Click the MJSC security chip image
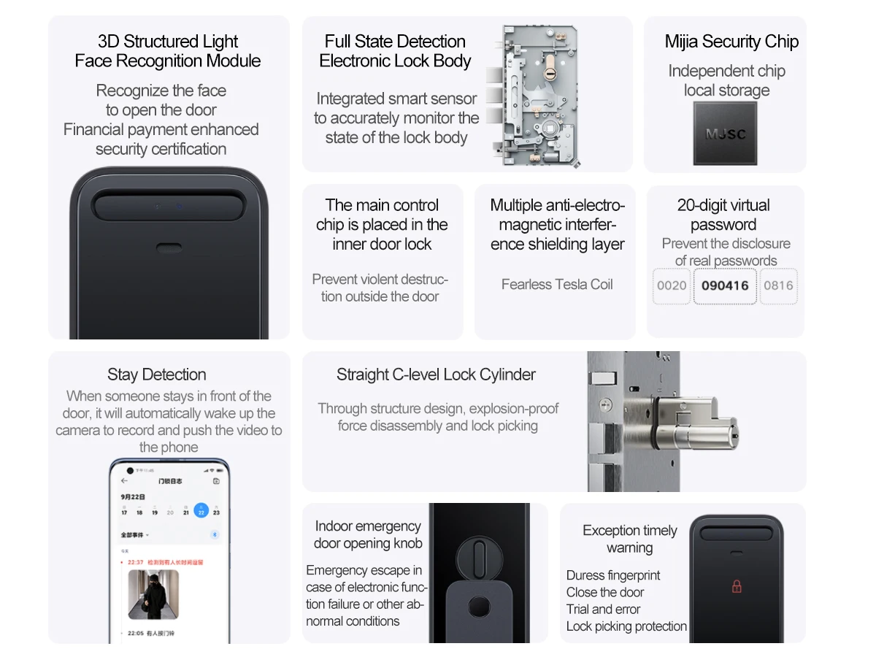pos(725,134)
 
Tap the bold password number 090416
pos(725,285)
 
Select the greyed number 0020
pos(672,285)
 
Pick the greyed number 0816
pos(778,285)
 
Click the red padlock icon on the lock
pos(737,586)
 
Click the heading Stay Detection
pos(156,374)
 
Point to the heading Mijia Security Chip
pos(731,42)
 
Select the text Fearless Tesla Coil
pos(557,285)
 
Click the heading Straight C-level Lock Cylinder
pos(436,374)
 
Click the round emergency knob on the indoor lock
pos(480,558)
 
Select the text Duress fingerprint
pos(612,575)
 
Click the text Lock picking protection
pos(626,626)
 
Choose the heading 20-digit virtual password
pos(723,215)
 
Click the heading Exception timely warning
pos(629,539)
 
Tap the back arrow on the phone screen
pos(124,481)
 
